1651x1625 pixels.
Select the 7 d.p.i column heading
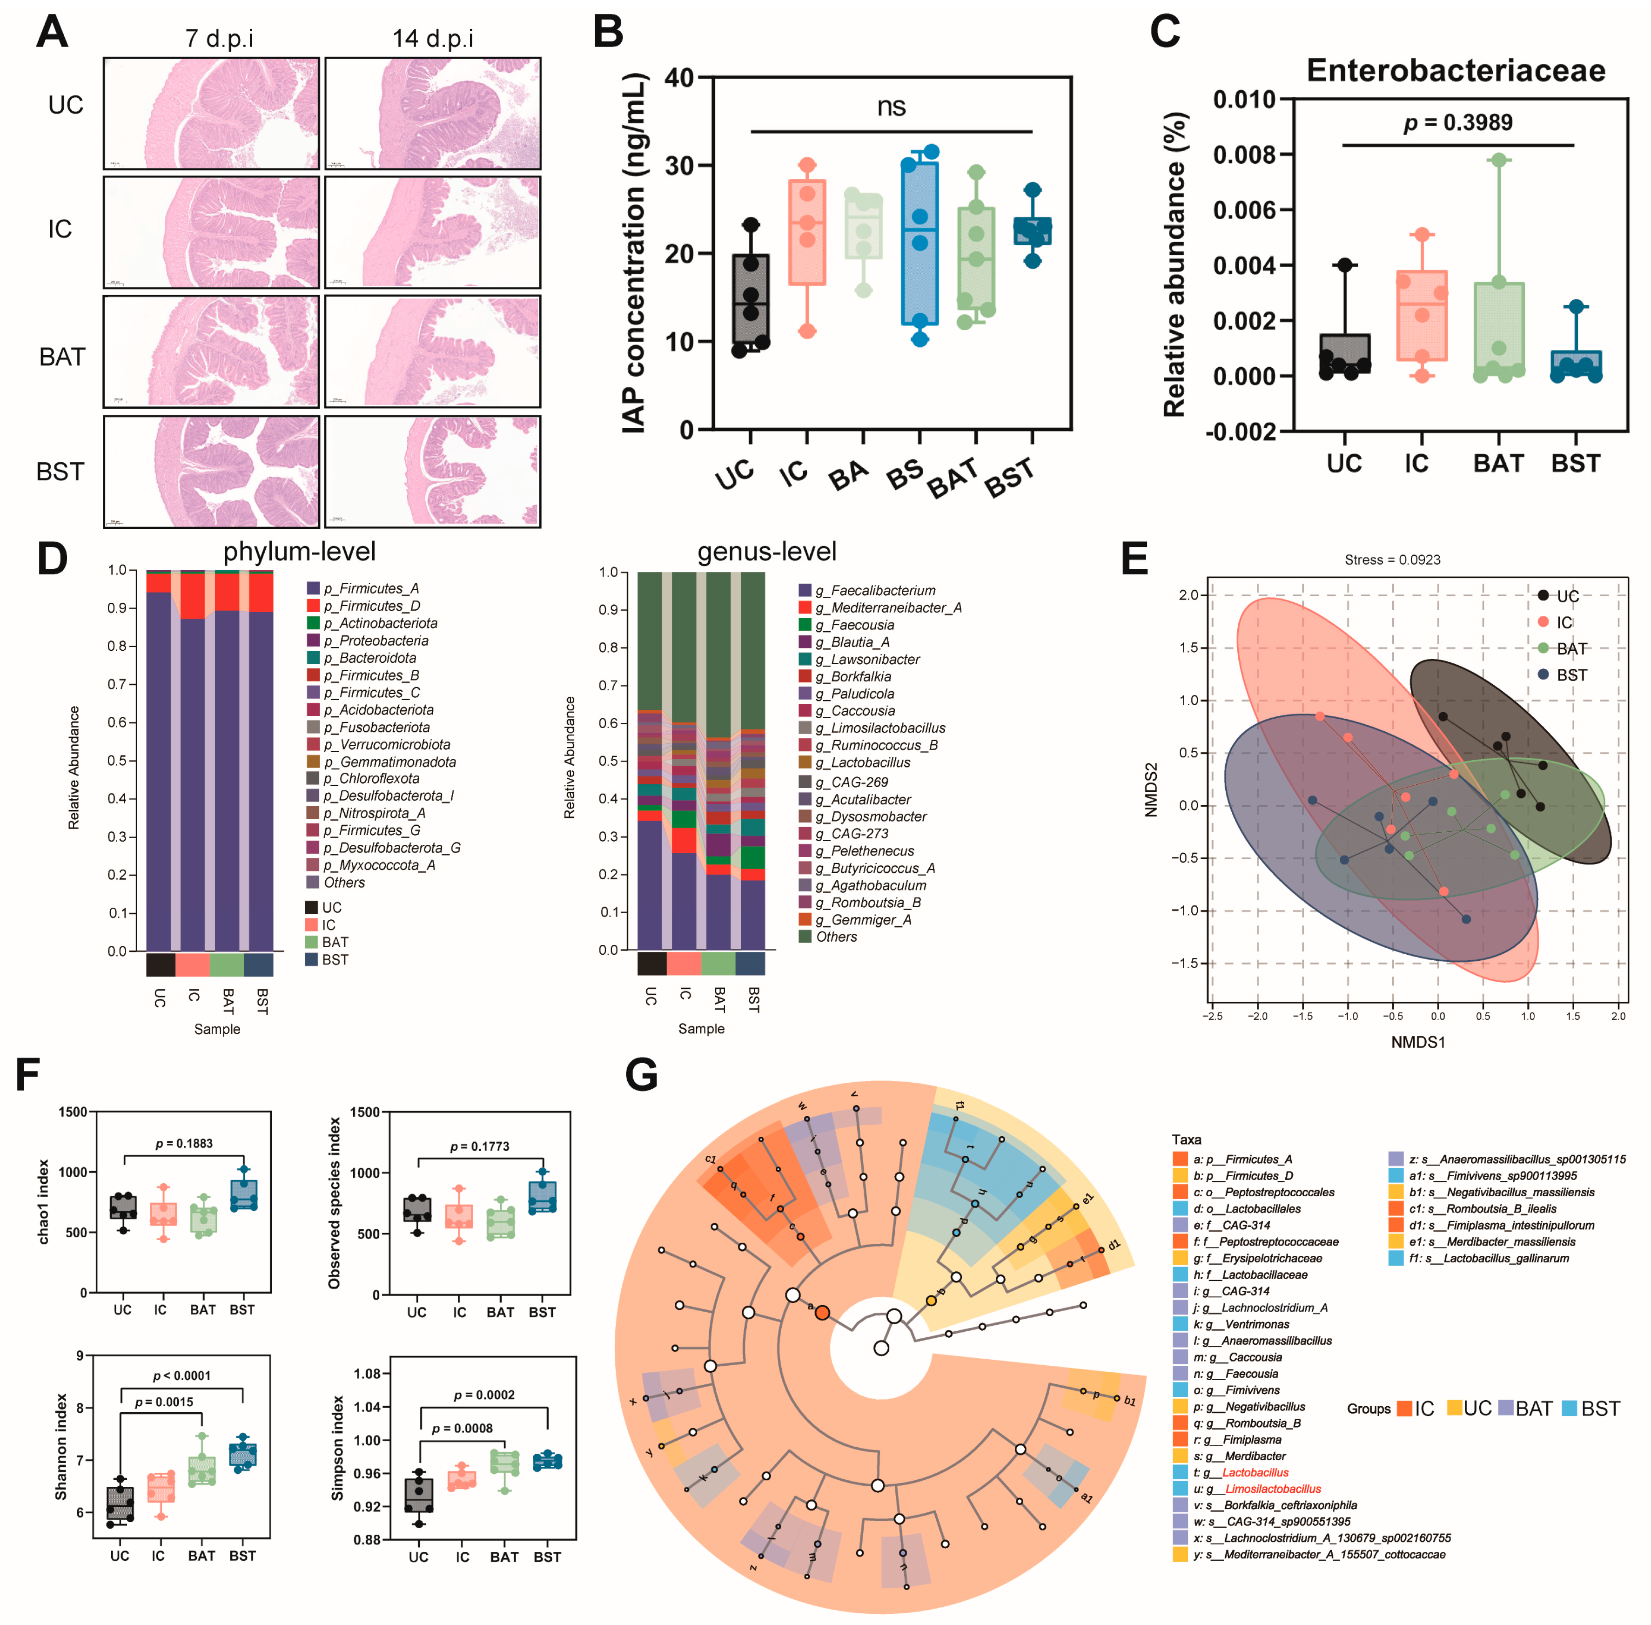(x=219, y=39)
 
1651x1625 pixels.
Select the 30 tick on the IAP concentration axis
(x=679, y=166)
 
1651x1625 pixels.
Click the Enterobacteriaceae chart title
(x=1456, y=70)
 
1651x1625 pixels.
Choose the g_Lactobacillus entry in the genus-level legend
(x=862, y=762)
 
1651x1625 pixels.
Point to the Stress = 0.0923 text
(x=1392, y=560)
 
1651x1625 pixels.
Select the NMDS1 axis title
(x=1417, y=1042)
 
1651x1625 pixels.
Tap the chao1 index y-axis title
(x=44, y=1202)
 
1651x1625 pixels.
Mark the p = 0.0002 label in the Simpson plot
(x=484, y=1395)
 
